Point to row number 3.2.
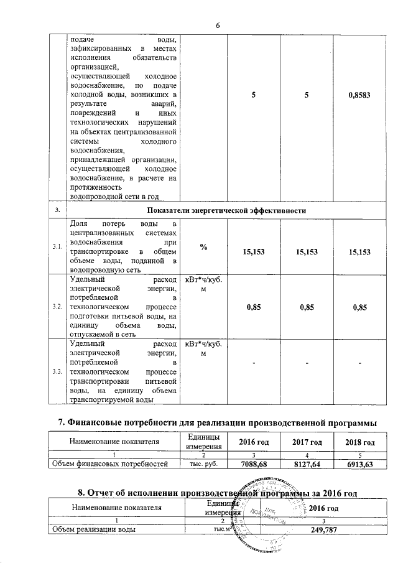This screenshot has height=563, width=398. click(x=57, y=307)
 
